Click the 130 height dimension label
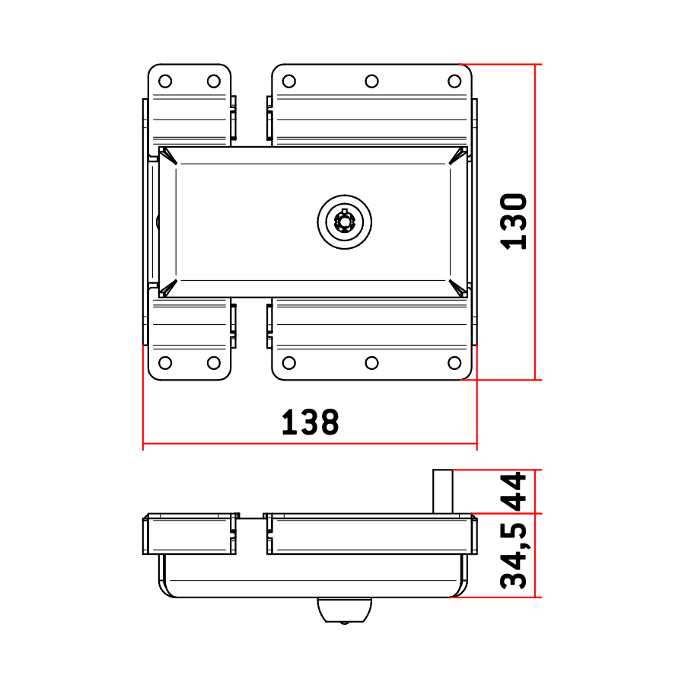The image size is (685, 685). pyautogui.click(x=514, y=221)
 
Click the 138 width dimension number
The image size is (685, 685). pyautogui.click(x=311, y=422)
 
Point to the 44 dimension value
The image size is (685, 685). pyautogui.click(x=514, y=492)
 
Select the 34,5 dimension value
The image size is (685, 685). pyautogui.click(x=514, y=556)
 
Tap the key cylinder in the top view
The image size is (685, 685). pyautogui.click(x=345, y=222)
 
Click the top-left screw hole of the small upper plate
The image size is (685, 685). pyautogui.click(x=165, y=81)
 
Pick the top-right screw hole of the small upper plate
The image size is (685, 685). pyautogui.click(x=214, y=81)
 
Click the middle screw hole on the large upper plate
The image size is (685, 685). pyautogui.click(x=371, y=81)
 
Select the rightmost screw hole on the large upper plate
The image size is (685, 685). pyautogui.click(x=455, y=81)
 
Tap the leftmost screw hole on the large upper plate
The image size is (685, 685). pyautogui.click(x=289, y=81)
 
